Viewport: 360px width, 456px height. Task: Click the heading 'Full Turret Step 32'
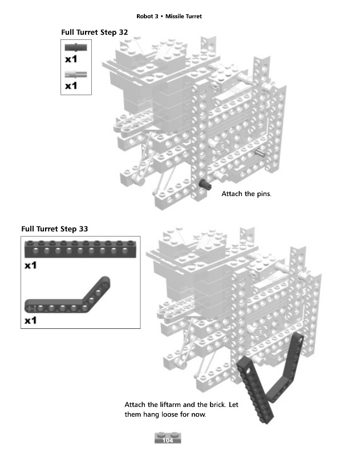point(94,32)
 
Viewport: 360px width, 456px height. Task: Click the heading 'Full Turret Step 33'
point(55,229)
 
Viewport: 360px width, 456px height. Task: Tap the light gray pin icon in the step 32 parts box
point(76,73)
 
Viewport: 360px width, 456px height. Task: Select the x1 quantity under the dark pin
point(71,59)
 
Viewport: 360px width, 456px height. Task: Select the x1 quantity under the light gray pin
point(71,85)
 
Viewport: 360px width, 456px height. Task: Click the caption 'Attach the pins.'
point(246,194)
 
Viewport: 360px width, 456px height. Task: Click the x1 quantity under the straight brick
point(31,266)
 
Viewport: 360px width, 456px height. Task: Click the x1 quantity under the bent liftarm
point(31,320)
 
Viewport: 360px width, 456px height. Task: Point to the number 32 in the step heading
point(123,32)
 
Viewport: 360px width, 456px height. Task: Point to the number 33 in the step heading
point(83,229)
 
